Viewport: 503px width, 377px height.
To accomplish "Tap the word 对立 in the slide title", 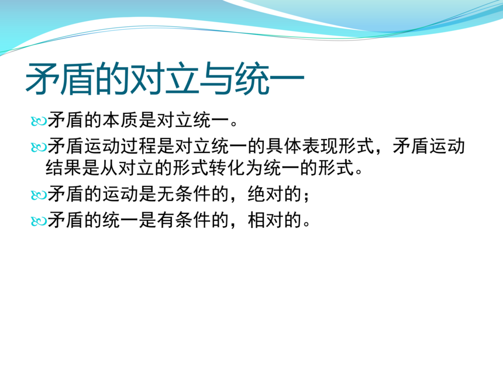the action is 164,79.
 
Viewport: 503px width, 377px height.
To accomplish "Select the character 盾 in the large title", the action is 77,79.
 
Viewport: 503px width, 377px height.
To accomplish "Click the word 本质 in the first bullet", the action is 120,120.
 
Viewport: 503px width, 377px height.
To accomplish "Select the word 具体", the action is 283,146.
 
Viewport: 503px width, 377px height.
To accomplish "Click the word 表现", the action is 319,146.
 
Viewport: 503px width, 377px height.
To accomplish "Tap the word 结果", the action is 64,168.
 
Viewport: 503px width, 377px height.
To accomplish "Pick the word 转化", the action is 227,168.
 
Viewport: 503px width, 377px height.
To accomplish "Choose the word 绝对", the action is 266,194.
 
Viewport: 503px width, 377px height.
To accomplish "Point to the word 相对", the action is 266,220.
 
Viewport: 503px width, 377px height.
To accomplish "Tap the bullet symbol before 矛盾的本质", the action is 39,122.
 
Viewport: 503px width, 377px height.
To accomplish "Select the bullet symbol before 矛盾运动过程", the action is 39,147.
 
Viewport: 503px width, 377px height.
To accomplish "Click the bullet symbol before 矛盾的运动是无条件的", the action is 39,195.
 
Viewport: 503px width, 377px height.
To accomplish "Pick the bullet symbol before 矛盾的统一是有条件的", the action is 39,222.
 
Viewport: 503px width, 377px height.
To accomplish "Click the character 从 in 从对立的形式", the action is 109,168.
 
